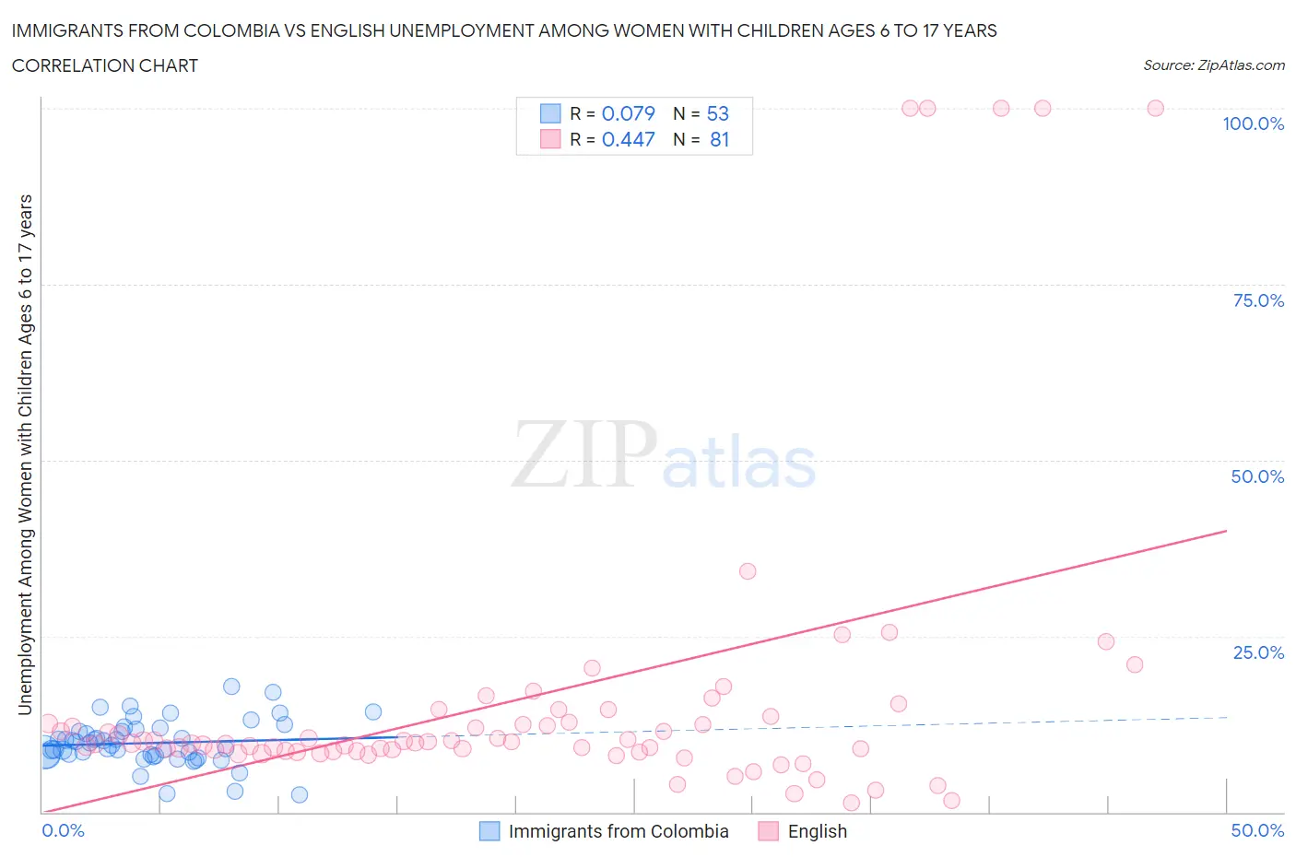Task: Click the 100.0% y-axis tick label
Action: coord(1253,123)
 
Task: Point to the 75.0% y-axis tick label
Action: coord(1257,300)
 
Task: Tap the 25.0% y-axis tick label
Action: coord(1257,652)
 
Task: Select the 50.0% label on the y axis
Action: coord(1257,476)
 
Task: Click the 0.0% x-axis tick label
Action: coord(63,830)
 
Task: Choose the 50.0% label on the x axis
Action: coord(1257,830)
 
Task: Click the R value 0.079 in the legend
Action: coord(628,113)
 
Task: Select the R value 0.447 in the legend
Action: coord(628,139)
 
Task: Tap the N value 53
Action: coord(717,113)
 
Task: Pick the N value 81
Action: coord(719,139)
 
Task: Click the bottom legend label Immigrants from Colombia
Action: coord(618,831)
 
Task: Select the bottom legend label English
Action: coord(817,831)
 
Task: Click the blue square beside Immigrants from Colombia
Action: coord(489,831)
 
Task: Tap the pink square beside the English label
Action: coord(768,831)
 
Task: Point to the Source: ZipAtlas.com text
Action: coord(1213,65)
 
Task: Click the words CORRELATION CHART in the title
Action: coord(105,65)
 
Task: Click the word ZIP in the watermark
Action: coord(583,453)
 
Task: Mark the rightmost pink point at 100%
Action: coord(1155,108)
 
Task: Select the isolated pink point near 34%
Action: coord(748,571)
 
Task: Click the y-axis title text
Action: coord(25,454)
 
